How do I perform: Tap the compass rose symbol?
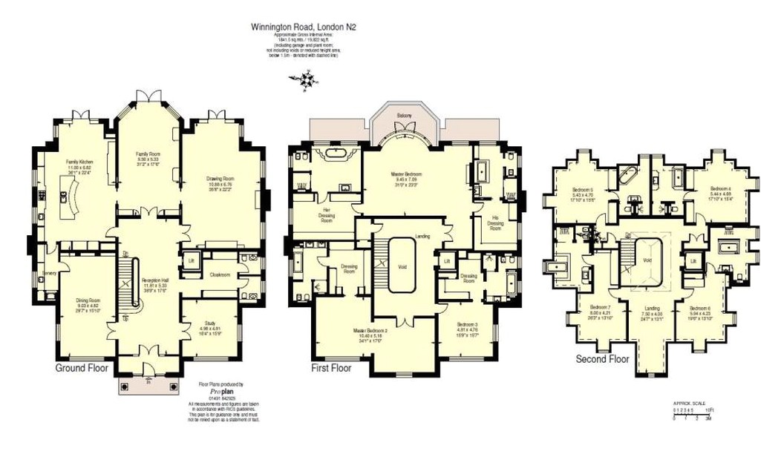point(305,79)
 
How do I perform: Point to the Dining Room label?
point(88,300)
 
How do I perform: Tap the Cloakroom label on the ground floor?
point(220,274)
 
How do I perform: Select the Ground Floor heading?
point(82,367)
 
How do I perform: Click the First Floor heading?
point(331,368)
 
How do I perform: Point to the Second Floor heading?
point(603,359)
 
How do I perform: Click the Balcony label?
point(404,116)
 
